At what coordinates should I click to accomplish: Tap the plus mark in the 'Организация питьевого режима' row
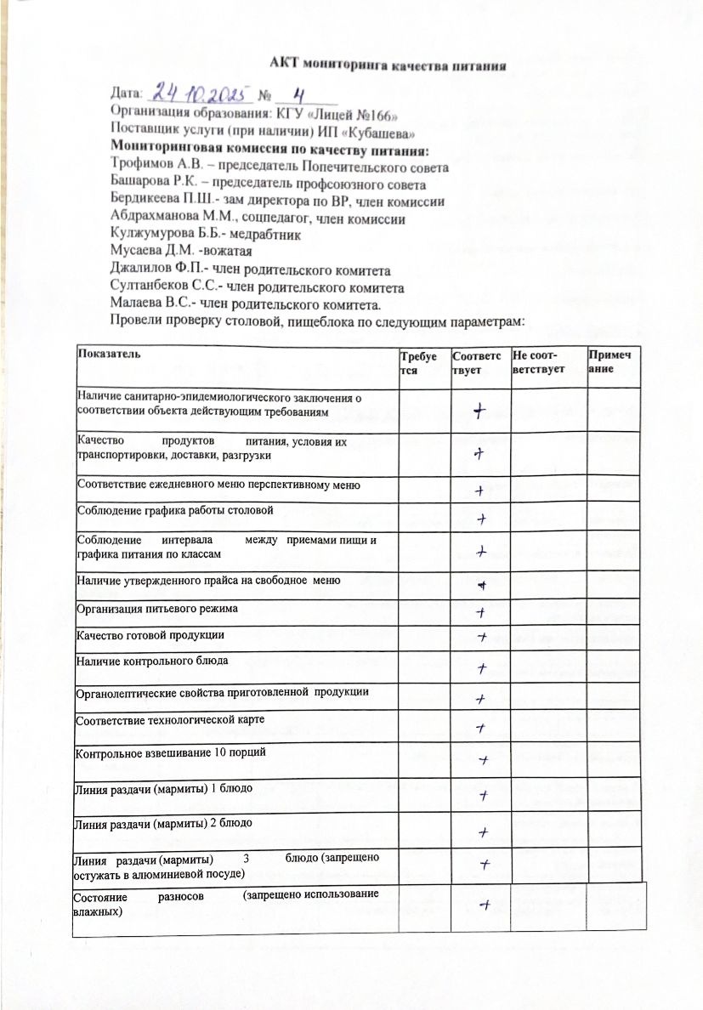tap(479, 612)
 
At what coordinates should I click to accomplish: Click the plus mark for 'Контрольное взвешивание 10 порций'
tap(482, 757)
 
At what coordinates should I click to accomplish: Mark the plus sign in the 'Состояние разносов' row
tap(483, 905)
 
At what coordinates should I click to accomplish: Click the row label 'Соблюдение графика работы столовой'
tap(175, 510)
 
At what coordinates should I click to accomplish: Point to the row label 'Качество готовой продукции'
tap(150, 635)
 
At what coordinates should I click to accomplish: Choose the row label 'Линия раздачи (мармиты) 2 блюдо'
tap(163, 823)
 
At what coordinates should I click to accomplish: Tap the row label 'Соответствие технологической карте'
tap(171, 720)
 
